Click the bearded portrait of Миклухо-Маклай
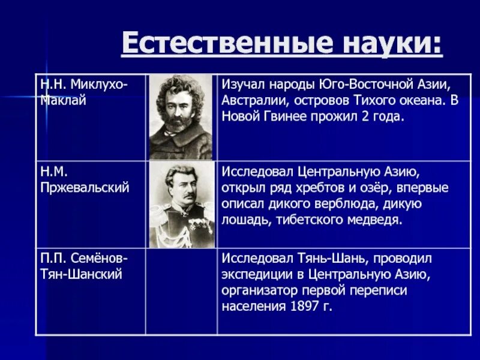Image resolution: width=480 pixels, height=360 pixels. pyautogui.click(x=181, y=117)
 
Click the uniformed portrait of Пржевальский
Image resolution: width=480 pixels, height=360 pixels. pyautogui.click(x=181, y=204)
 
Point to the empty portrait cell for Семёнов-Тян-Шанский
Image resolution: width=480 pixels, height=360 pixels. pyautogui.click(x=181, y=291)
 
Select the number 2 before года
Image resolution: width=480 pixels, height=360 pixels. pyautogui.click(x=368, y=116)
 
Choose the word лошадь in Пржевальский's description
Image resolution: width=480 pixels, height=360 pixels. pyautogui.click(x=247, y=220)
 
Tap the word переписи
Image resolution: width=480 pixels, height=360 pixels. pyautogui.click(x=377, y=290)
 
